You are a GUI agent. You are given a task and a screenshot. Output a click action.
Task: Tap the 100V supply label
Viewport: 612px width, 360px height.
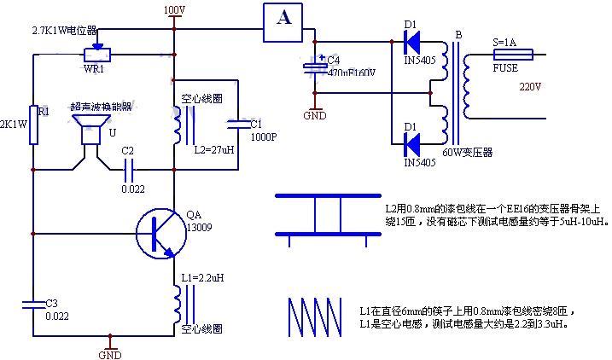click(x=173, y=9)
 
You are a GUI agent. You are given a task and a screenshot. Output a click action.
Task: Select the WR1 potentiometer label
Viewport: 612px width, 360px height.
click(x=93, y=67)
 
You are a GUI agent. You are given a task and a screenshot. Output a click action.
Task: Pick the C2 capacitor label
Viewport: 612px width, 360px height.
click(x=128, y=151)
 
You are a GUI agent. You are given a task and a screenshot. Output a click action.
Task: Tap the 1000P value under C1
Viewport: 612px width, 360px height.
click(x=263, y=136)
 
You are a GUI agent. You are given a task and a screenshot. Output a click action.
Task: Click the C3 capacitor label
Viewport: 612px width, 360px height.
click(x=51, y=303)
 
